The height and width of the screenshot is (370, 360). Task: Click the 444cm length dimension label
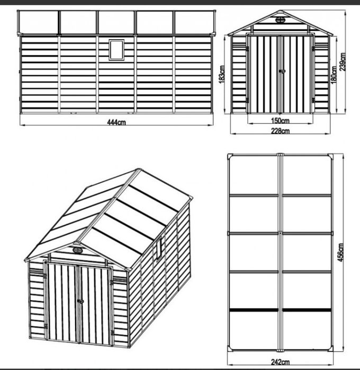pos(116,122)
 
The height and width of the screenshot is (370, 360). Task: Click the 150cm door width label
pos(281,121)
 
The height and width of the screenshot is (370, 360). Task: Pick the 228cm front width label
pos(281,131)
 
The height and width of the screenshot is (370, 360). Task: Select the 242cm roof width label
pos(281,362)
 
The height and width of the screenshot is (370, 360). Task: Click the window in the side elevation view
pos(116,49)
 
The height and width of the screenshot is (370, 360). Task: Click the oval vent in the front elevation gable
pos(281,21)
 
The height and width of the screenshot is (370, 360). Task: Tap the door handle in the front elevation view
pos(281,71)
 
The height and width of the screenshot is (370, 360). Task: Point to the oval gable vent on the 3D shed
pos(78,250)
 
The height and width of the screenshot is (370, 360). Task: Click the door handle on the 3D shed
pos(80,301)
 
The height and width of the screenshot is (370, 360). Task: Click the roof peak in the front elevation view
pos(281,11)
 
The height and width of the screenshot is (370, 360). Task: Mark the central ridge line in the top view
pos(281,252)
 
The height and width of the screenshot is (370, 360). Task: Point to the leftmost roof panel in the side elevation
pos(38,22)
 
